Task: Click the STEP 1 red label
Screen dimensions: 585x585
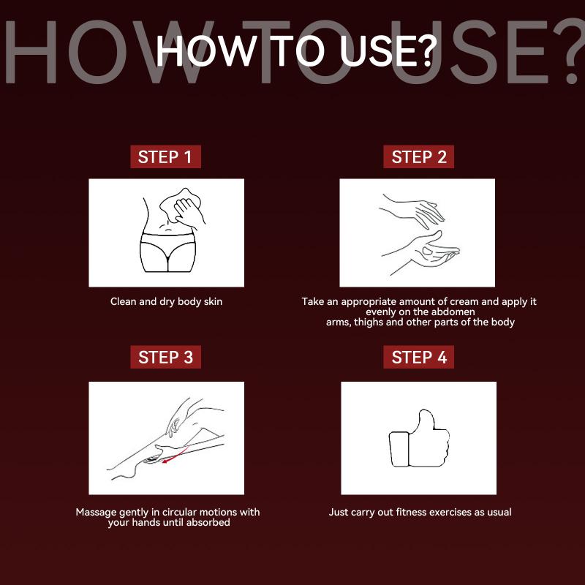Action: tap(166, 156)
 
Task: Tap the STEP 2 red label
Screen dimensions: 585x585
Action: tap(418, 156)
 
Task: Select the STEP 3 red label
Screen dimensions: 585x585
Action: tap(166, 357)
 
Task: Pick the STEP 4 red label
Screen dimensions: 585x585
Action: tap(418, 357)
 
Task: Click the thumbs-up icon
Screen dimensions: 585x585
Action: tap(419, 439)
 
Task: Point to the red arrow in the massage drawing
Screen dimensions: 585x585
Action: tap(175, 455)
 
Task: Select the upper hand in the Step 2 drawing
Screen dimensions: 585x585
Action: tap(412, 210)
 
